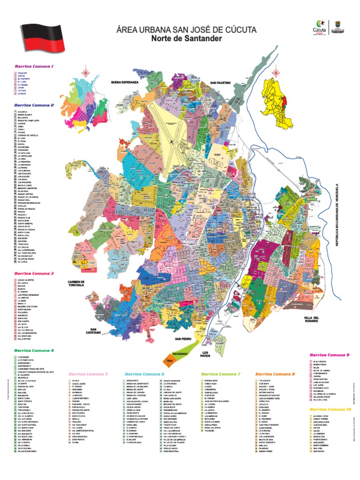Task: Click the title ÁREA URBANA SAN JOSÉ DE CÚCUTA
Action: point(186,30)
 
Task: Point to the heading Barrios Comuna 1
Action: point(34,67)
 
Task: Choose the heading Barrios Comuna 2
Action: point(34,105)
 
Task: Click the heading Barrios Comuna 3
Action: point(34,273)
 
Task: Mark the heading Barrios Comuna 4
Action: point(34,350)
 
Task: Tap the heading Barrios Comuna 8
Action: point(275,374)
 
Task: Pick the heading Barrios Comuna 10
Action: point(330,409)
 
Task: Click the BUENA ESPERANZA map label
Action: point(125,82)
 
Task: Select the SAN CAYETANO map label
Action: point(93,331)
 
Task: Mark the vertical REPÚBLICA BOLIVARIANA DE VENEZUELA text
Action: point(350,216)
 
